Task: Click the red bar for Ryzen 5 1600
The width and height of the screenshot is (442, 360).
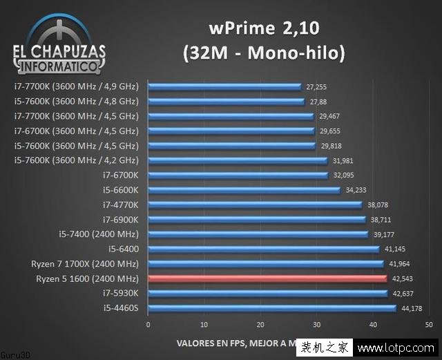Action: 267,278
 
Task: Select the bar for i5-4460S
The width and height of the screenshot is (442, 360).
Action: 271,308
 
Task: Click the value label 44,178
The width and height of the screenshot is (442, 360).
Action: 410,308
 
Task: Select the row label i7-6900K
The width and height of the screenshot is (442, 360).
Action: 120,219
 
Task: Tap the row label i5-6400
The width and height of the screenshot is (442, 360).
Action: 123,249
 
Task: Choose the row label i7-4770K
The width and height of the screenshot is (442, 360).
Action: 120,205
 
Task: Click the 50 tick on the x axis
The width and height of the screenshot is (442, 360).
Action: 429,325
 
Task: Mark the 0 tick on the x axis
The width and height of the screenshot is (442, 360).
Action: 148,325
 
